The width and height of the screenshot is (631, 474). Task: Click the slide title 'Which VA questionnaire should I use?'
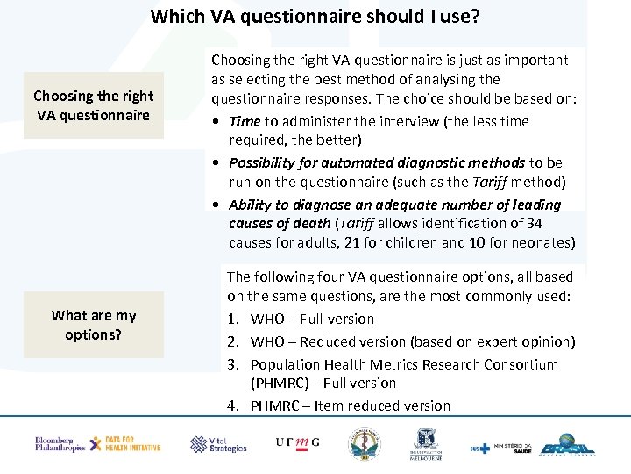(x=315, y=16)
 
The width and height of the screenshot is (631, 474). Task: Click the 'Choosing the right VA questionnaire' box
(x=94, y=105)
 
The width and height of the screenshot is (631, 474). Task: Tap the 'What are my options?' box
(x=94, y=325)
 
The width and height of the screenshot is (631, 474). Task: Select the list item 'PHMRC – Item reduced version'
(x=350, y=406)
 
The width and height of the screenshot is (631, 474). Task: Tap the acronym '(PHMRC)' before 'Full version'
(x=281, y=384)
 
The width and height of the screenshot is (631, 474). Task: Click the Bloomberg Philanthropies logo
(x=60, y=444)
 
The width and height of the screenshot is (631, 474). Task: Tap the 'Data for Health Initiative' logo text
(x=131, y=444)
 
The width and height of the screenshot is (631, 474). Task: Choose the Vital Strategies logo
(x=218, y=444)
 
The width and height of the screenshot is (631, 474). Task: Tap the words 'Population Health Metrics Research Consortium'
(x=404, y=364)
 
